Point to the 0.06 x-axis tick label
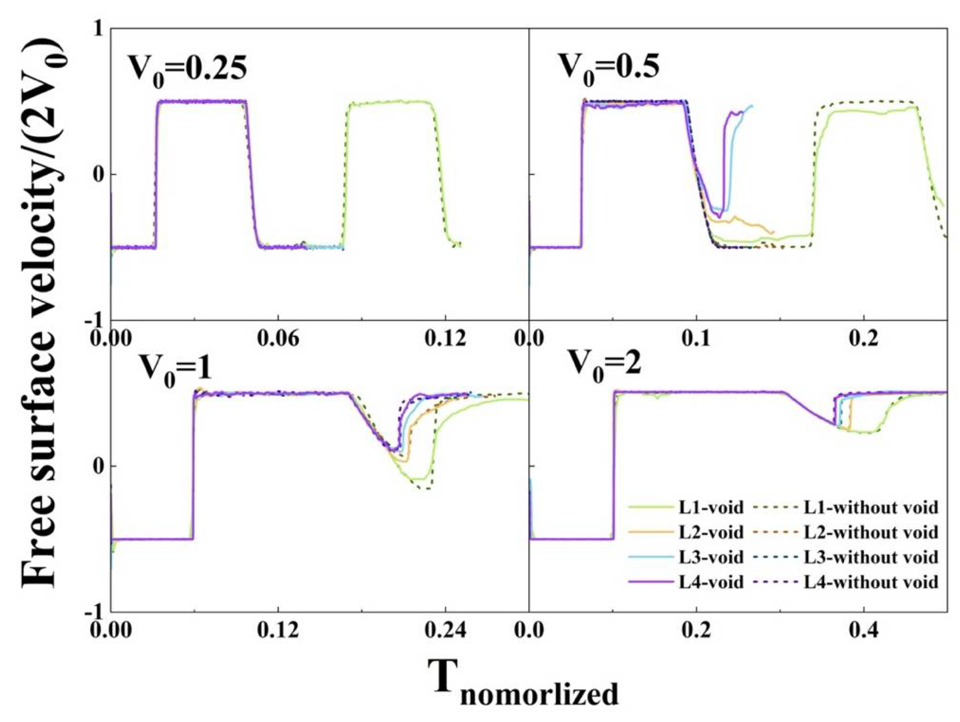tap(278, 338)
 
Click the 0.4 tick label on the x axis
tap(864, 630)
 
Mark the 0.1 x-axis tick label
tap(696, 338)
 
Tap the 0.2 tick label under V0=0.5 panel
tap(864, 338)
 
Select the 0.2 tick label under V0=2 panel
tap(696, 630)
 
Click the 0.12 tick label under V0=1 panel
tap(278, 630)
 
